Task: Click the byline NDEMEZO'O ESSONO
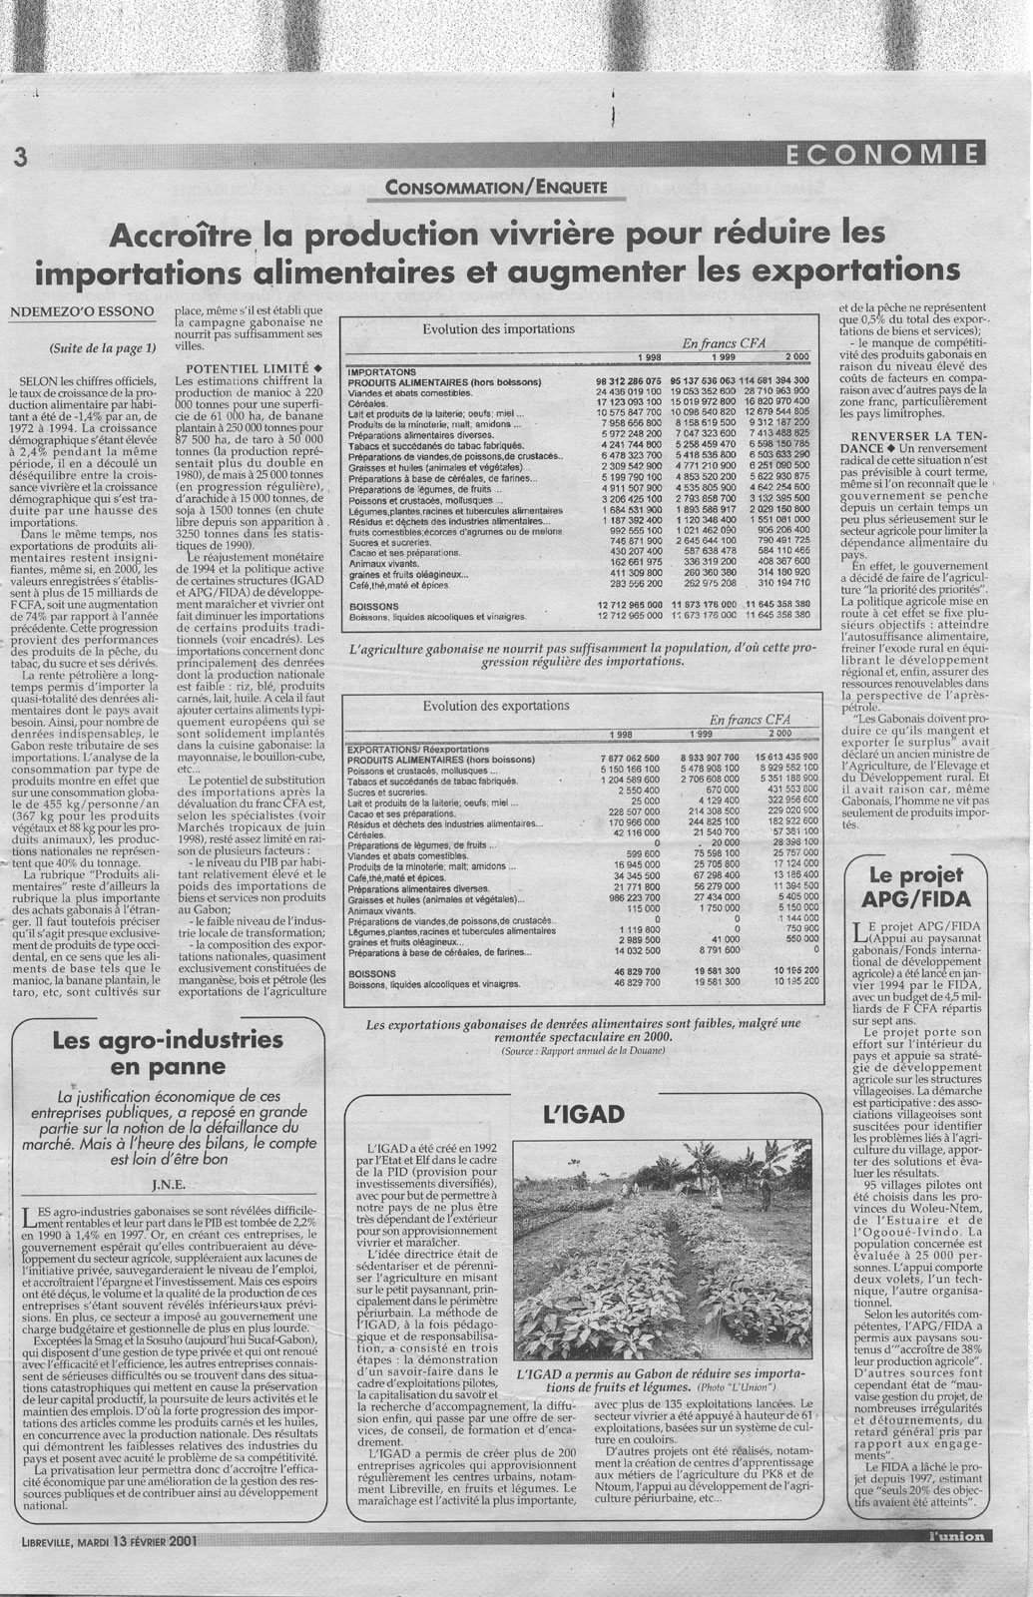click(x=82, y=311)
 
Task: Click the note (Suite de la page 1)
click(x=101, y=349)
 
